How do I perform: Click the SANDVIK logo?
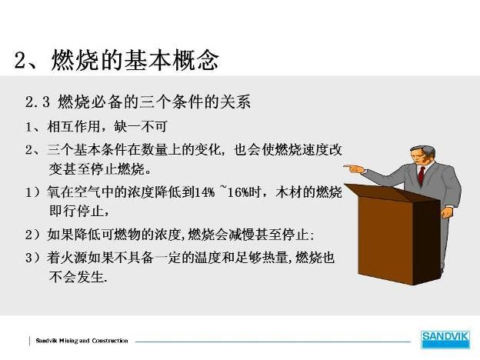445,339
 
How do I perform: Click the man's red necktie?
422,175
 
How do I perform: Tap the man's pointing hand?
354,168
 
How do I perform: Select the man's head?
422,155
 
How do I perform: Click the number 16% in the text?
238,192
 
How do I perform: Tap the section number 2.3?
38,102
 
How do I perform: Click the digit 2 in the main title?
22,60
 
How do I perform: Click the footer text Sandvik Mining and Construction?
82,341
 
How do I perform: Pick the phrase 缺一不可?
141,126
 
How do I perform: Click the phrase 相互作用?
74,126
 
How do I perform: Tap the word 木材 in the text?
288,192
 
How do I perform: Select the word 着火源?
67,258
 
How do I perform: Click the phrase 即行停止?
75,211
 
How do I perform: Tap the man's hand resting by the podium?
448,212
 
